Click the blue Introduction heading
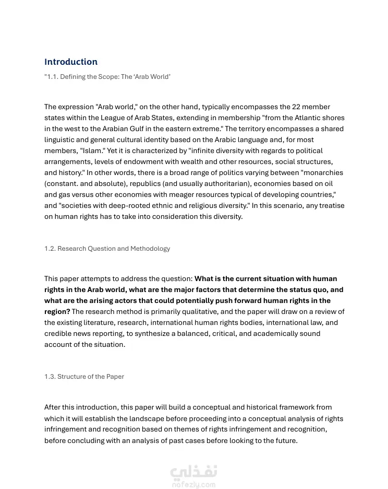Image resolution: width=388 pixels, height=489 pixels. [71, 62]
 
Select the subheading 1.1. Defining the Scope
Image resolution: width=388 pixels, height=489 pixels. [107, 77]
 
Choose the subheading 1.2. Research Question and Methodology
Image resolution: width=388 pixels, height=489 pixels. [107, 249]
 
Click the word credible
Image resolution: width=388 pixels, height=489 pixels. [59, 333]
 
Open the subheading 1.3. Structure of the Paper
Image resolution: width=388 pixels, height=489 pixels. [84, 376]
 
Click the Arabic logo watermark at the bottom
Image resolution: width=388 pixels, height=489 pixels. [193, 471]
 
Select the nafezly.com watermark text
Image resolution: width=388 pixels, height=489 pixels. [193, 485]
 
